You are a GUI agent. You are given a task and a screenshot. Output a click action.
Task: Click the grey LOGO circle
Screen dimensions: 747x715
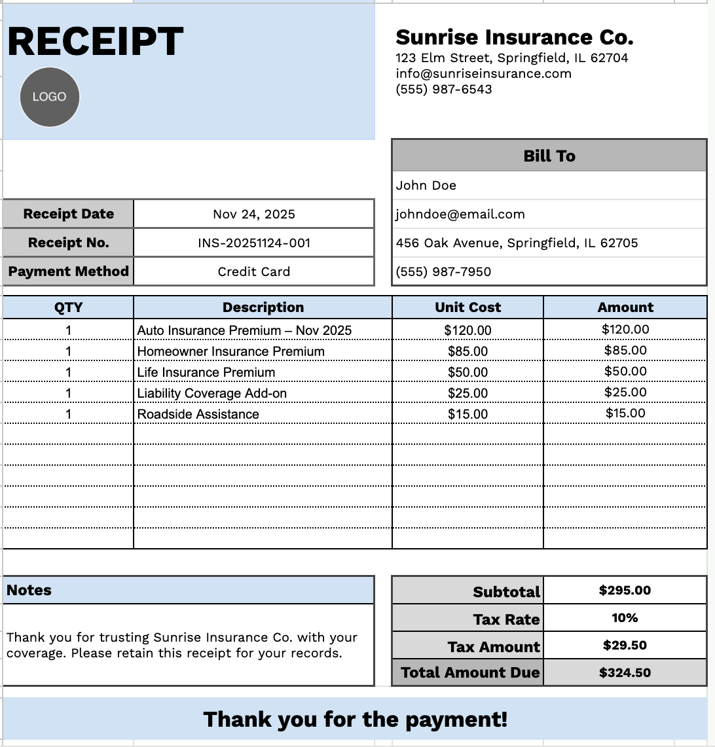(x=50, y=97)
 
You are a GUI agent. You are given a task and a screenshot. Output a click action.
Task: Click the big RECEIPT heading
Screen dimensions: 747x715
(x=95, y=41)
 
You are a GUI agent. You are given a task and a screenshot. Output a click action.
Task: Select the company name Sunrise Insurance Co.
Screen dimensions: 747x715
(x=514, y=37)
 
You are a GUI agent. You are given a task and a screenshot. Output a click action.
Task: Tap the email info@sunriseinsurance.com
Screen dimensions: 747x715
(x=483, y=73)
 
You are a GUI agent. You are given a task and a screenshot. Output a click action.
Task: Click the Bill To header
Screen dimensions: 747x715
(x=549, y=156)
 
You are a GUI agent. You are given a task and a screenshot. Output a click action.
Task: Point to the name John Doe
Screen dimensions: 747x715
(x=426, y=185)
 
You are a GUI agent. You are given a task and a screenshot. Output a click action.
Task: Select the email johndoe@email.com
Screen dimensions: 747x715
(x=460, y=214)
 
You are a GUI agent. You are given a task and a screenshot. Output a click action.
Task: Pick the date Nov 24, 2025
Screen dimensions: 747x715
(x=254, y=214)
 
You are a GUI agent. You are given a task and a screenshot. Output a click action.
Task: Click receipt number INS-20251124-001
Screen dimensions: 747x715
(x=254, y=243)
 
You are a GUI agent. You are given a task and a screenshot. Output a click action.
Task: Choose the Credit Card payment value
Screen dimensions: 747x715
(x=254, y=271)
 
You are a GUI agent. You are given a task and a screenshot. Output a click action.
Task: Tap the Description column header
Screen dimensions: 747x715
(x=263, y=307)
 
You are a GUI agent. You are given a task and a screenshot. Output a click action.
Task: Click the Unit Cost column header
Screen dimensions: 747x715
(x=467, y=307)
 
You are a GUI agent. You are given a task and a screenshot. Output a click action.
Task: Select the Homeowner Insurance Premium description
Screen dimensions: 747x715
(x=231, y=351)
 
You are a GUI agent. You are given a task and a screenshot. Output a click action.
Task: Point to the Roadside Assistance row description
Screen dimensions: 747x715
(x=198, y=414)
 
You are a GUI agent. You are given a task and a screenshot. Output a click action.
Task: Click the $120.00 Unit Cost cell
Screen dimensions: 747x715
(x=467, y=330)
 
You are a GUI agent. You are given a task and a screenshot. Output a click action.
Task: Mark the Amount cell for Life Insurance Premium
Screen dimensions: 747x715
(x=625, y=372)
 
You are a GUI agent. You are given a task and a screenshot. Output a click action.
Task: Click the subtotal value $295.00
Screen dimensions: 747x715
(x=625, y=590)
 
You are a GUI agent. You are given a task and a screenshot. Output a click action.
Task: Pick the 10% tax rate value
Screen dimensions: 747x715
(x=625, y=617)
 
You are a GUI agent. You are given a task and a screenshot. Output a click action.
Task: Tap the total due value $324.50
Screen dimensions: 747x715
(x=625, y=672)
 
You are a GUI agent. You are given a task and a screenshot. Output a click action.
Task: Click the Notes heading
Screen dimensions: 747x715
(x=29, y=590)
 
